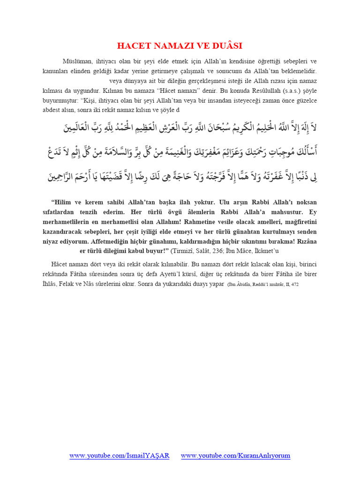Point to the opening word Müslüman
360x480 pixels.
78,61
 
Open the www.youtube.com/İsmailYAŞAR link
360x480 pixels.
120,456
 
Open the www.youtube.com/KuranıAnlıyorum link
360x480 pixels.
236,456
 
